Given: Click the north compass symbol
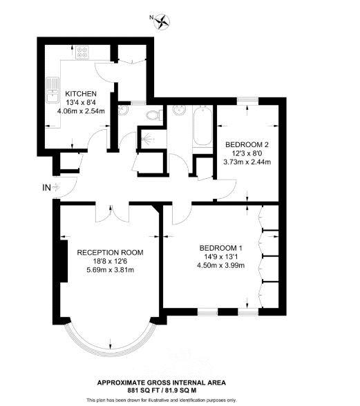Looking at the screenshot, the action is [162, 21].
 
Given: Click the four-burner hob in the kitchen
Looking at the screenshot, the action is [82, 52].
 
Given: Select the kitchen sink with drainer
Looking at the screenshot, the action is [53, 90].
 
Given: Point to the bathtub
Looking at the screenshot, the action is [203, 126].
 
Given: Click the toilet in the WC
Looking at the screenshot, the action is [154, 115].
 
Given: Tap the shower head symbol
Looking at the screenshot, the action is [149, 139].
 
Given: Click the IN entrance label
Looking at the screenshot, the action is [47, 188].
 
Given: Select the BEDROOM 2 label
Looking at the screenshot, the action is [247, 144].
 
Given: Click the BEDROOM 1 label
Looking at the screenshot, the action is [220, 248].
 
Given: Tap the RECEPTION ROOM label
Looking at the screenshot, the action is [110, 253].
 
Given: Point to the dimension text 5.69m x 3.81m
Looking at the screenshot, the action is [110, 270].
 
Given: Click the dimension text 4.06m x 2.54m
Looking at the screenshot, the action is [81, 111].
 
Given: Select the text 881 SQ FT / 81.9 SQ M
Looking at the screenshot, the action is [162, 390].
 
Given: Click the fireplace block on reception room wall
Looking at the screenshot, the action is [64, 261].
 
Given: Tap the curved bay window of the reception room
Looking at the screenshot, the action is [111, 351].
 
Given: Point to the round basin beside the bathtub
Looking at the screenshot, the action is [179, 110].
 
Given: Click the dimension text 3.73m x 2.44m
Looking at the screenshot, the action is [247, 162].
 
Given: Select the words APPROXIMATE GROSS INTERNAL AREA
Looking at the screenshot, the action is [162, 383].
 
